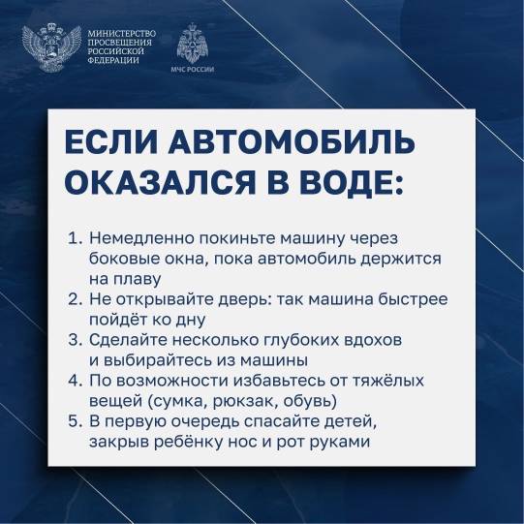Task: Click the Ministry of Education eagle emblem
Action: (x=51, y=47)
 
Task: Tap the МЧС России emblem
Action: (x=192, y=44)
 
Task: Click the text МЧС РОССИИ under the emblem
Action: (x=192, y=69)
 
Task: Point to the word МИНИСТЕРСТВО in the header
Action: (x=122, y=34)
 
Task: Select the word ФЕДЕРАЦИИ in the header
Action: (x=113, y=60)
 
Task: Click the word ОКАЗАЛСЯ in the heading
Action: (x=160, y=182)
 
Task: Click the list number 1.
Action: (x=75, y=238)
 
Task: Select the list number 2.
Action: (x=75, y=299)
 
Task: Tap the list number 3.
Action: (x=75, y=340)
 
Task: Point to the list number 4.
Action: (x=75, y=381)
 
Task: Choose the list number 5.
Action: (x=75, y=421)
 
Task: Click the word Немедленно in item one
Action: (x=142, y=238)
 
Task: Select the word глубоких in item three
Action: (x=298, y=341)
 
